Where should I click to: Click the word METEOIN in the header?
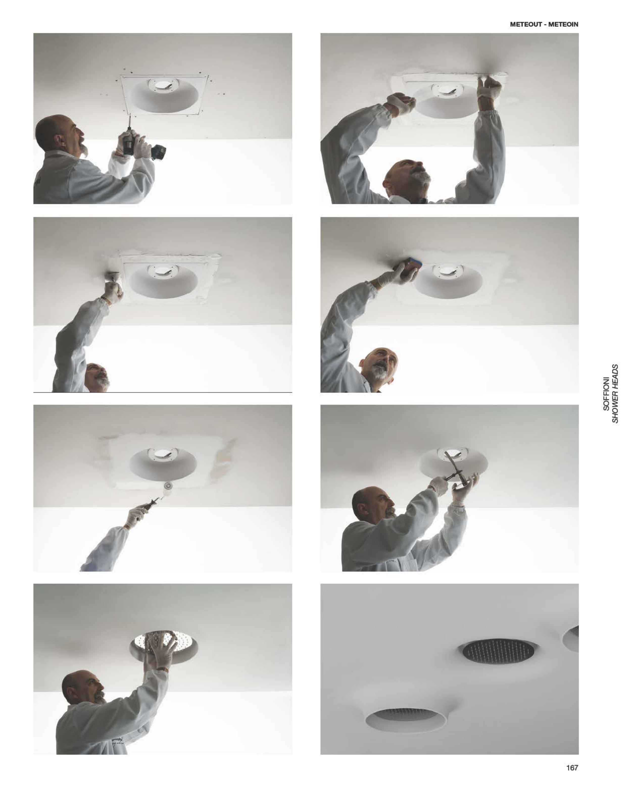563,24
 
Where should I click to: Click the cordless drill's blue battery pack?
158,151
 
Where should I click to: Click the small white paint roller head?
168,486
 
